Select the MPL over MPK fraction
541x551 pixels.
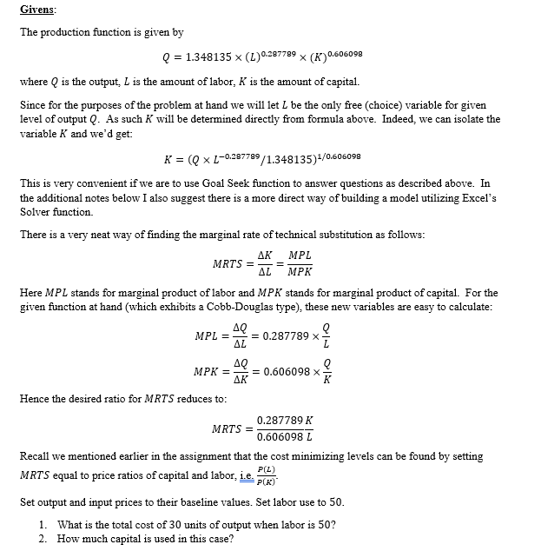coord(300,263)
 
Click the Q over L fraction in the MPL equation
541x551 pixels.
coord(327,335)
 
